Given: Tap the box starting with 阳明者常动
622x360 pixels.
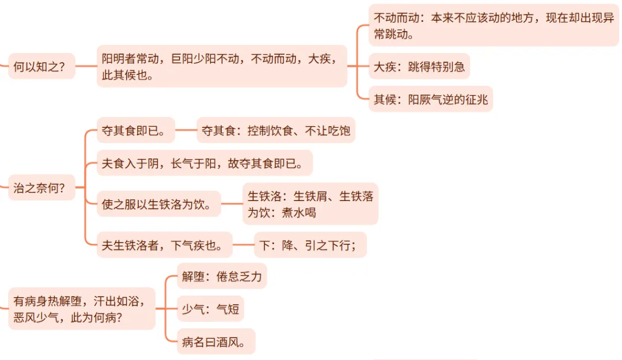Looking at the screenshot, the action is pyautogui.click(x=222, y=66).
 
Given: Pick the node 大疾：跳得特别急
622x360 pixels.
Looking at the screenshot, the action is pyautogui.click(x=419, y=66).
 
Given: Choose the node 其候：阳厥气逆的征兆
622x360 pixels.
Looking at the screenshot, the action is pyautogui.click(x=431, y=99).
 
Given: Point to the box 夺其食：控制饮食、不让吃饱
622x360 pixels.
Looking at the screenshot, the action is pyautogui.click(x=276, y=130).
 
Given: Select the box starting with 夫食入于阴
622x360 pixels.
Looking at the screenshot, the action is pyautogui.click(x=204, y=163).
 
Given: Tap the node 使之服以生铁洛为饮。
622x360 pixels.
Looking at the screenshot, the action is pyautogui.click(x=158, y=203).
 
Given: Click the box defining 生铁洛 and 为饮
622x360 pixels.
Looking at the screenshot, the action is pyautogui.click(x=310, y=204).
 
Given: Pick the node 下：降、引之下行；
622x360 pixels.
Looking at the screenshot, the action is pyautogui.click(x=310, y=245).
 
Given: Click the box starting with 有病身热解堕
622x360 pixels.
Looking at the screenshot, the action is pyautogui.click(x=82, y=309).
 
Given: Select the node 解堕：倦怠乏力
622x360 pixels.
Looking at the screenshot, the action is pyautogui.click(x=222, y=276).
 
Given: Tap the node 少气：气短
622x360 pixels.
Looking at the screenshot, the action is pyautogui.click(x=210, y=309).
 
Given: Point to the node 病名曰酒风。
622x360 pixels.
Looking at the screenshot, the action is pyautogui.click(x=216, y=342).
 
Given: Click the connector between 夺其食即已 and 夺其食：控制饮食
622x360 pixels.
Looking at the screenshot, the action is pyautogui.click(x=185, y=130).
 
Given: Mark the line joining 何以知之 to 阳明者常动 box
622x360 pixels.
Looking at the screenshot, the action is pyautogui.click(x=86, y=66).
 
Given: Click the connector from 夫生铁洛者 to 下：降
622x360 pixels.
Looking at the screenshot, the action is pyautogui.click(x=243, y=245).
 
